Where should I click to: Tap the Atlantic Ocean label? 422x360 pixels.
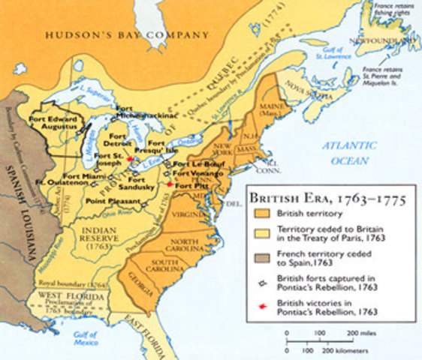pos(350,152)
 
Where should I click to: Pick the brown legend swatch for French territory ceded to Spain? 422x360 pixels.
pos(261,257)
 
